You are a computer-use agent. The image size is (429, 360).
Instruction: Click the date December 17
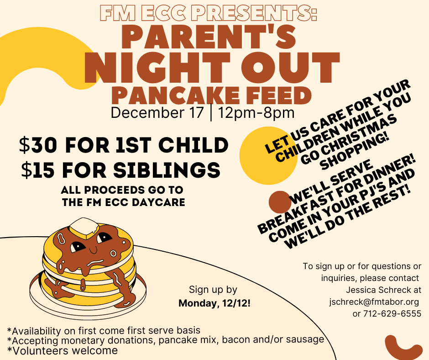[x=157, y=112]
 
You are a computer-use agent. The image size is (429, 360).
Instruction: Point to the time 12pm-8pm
[x=256, y=112]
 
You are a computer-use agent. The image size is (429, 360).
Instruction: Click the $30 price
[x=38, y=145]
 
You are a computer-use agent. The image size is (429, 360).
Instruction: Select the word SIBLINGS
[x=167, y=170]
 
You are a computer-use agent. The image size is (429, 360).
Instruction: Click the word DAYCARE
[x=158, y=202]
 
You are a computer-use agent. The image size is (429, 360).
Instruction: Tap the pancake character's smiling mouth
[x=93, y=251]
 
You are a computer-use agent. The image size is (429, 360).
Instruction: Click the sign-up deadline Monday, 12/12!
[x=214, y=303]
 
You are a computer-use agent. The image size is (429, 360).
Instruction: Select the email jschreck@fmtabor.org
[x=374, y=302]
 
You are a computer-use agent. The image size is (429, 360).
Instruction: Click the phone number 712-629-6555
[x=392, y=313]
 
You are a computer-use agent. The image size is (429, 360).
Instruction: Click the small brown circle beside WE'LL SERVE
[x=280, y=202]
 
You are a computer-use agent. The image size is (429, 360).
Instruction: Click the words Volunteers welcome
[x=65, y=350]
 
